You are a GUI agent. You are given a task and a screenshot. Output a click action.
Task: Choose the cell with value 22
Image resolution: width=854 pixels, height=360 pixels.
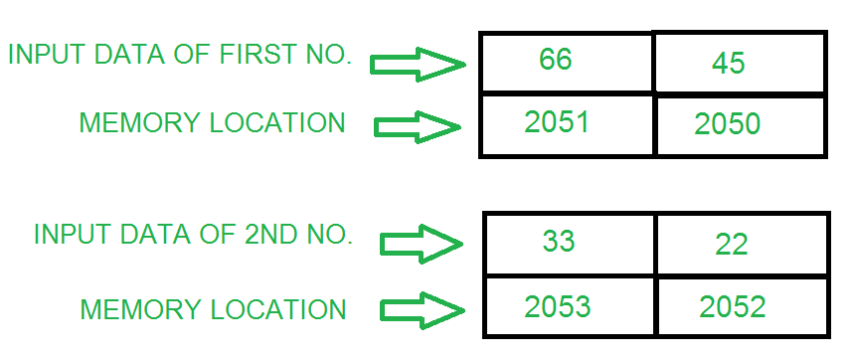pos(731,244)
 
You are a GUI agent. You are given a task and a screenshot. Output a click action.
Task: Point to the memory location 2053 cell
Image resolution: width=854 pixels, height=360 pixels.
pos(559,305)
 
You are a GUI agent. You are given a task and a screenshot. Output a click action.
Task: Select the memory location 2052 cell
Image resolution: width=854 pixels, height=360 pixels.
pos(733,307)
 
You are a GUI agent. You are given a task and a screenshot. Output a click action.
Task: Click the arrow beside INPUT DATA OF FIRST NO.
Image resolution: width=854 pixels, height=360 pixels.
pos(418,65)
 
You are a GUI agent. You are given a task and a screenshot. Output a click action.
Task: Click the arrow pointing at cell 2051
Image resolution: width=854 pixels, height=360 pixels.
pos(419,126)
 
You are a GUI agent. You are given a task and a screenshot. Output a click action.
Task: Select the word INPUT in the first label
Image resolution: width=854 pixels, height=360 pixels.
pos(45,55)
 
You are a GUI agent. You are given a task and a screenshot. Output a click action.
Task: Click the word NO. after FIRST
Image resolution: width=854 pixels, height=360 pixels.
pos(329,55)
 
